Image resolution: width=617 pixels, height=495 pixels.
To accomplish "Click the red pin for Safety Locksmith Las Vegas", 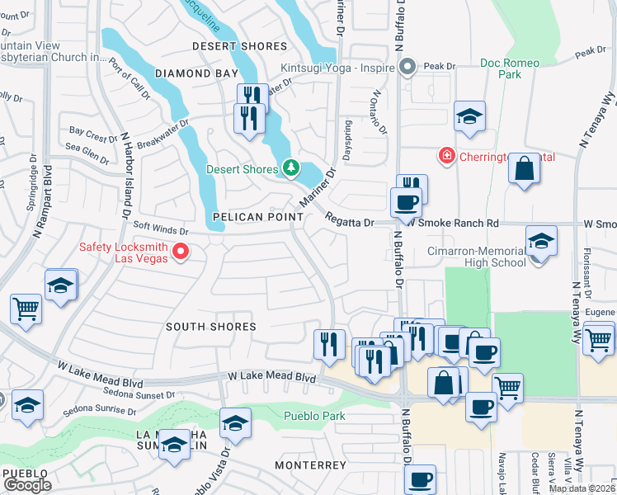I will click(x=183, y=252).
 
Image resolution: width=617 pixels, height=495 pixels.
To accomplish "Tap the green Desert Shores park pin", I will click(x=290, y=169).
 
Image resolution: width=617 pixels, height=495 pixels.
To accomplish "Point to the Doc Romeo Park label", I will click(x=510, y=68).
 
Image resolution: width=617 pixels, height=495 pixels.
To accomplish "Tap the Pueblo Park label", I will click(x=314, y=416).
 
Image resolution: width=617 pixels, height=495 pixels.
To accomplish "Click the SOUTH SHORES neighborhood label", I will click(x=211, y=327).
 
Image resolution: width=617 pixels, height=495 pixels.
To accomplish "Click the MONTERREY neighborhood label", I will click(x=310, y=465).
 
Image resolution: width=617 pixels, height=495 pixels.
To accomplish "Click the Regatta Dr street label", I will click(x=350, y=222).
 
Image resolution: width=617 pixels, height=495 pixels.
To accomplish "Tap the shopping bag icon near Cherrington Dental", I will click(x=524, y=168).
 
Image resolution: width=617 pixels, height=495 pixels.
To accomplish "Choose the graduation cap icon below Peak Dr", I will click(x=469, y=115).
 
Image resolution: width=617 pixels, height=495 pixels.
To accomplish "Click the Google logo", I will click(x=27, y=485).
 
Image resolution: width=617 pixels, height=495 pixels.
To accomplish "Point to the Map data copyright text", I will click(x=582, y=488).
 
